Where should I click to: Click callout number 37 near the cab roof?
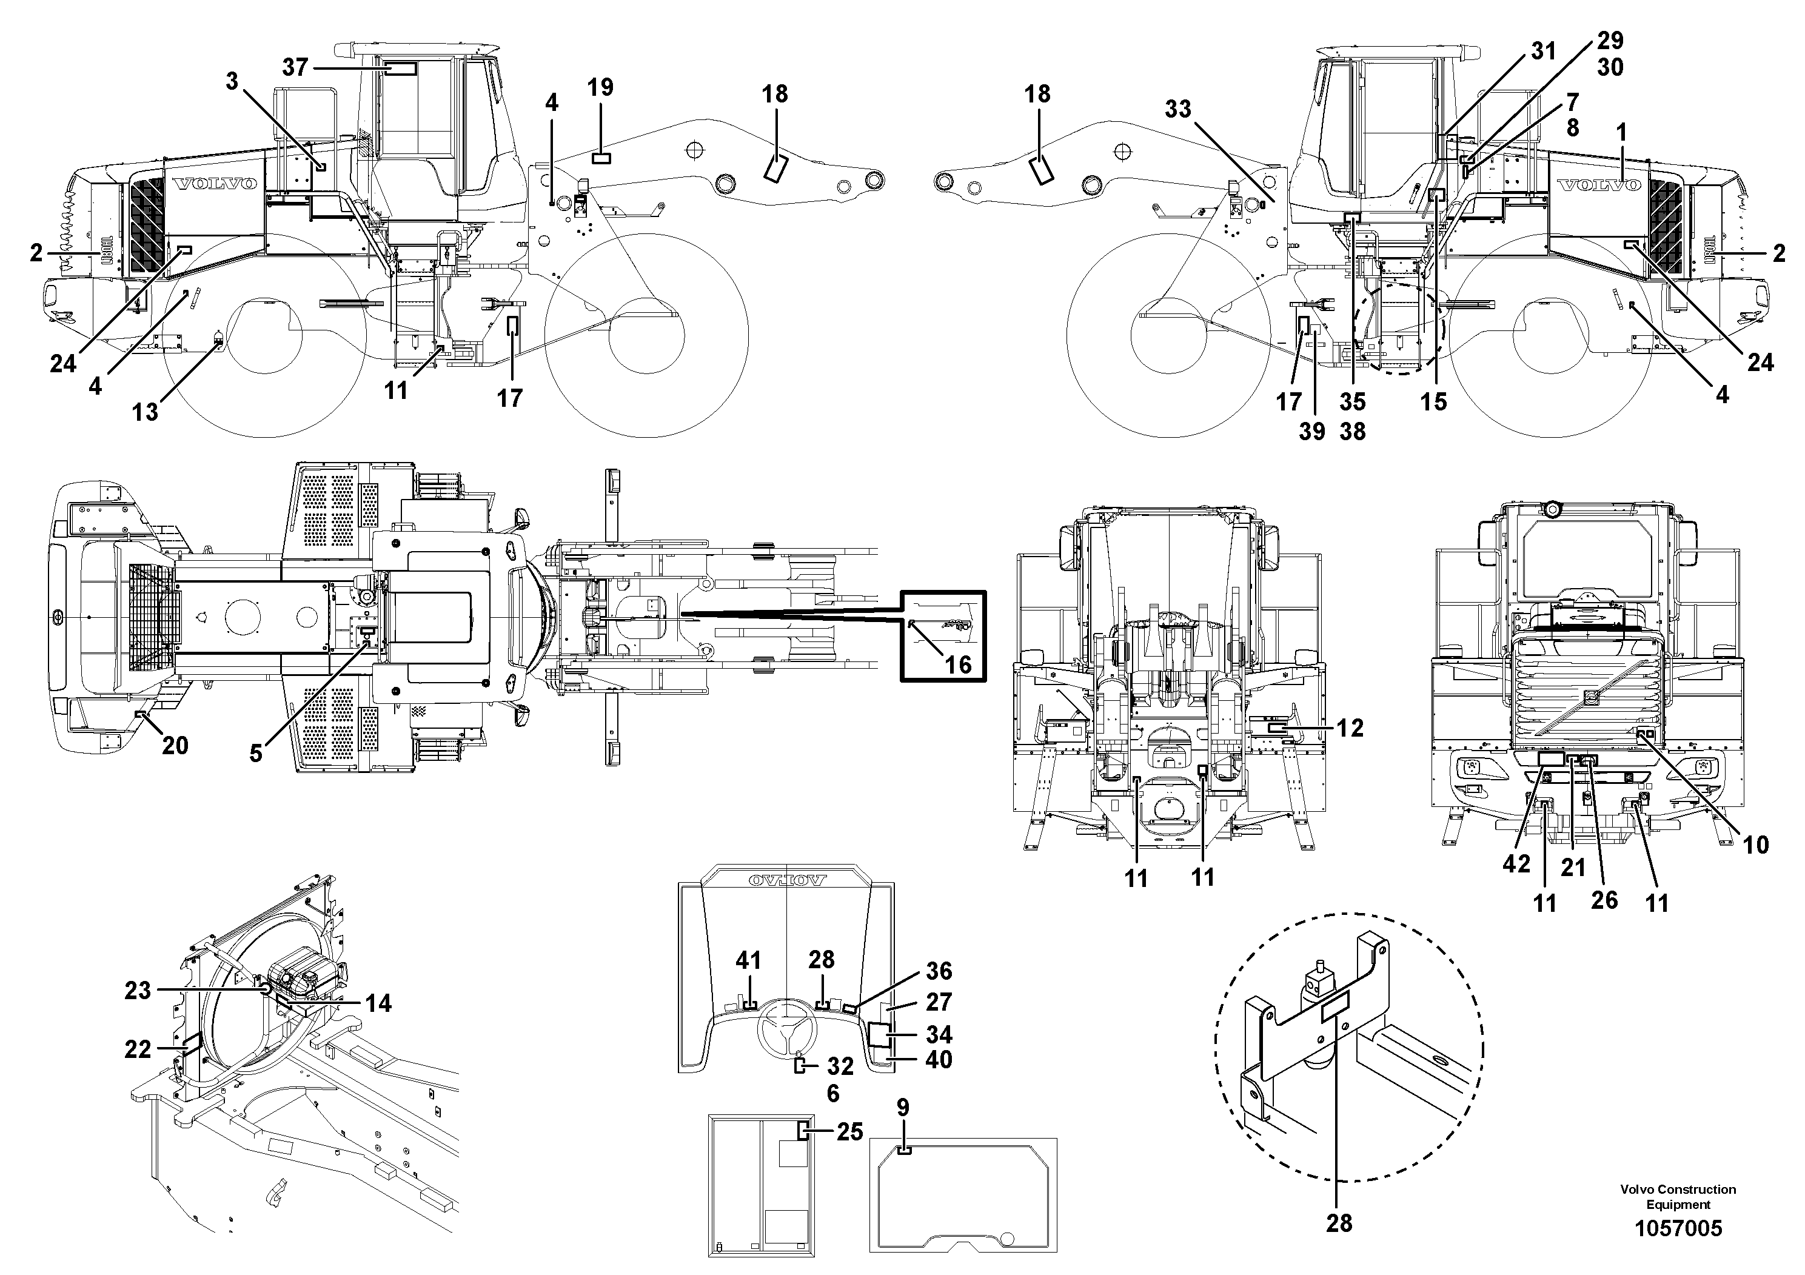point(295,68)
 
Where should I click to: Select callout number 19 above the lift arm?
point(601,87)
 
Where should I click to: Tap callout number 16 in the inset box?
point(957,665)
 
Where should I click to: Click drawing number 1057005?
point(1678,1229)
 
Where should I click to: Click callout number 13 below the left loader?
point(146,412)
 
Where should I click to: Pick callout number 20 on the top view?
point(175,745)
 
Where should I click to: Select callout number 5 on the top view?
point(256,753)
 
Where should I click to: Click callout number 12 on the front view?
point(1350,728)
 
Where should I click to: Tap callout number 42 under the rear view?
point(1516,864)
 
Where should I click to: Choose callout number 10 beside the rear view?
point(1755,845)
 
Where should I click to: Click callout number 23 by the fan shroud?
point(138,991)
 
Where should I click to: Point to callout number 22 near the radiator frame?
point(138,1049)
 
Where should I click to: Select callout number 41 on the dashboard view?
point(748,960)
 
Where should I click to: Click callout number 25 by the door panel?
point(850,1132)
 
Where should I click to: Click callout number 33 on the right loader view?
point(1177,109)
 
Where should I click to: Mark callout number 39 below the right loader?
point(1311,431)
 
